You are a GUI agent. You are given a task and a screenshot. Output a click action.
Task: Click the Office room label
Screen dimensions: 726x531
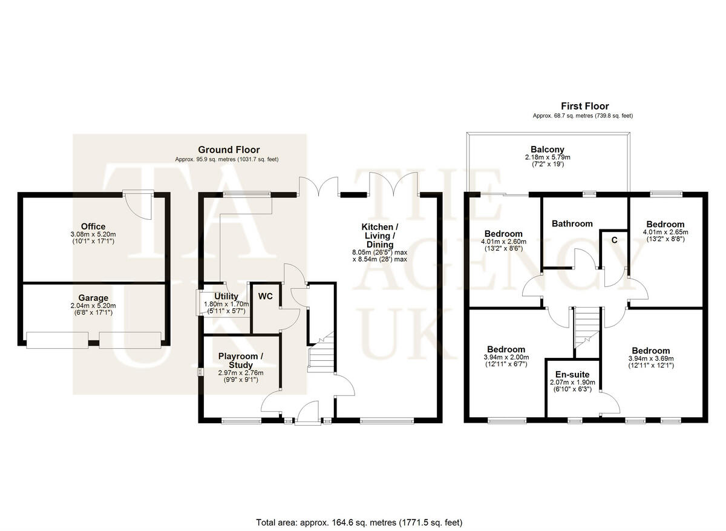[x=93, y=226]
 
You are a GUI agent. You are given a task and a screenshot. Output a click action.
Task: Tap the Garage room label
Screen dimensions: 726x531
[x=93, y=298]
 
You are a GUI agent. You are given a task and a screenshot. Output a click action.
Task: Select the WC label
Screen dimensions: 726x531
[x=266, y=296]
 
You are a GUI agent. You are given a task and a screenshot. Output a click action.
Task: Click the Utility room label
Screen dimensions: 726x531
[x=226, y=296]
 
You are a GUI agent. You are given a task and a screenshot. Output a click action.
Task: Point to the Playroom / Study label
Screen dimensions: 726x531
[x=241, y=360]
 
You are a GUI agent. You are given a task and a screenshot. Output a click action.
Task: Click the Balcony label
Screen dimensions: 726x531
[x=548, y=150]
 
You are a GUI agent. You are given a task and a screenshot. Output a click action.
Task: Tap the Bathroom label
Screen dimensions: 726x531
[x=572, y=223]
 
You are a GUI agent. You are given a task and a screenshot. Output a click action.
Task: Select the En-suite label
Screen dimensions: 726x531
[x=572, y=374]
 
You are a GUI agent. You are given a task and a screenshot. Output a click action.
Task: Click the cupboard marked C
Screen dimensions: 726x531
[x=614, y=240]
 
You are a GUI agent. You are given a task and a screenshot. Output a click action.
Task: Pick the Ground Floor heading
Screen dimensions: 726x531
[x=229, y=150]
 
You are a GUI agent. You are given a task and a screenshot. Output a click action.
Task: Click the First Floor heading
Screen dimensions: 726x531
[x=585, y=106]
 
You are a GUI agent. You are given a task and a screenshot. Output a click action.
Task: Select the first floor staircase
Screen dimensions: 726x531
[x=587, y=328]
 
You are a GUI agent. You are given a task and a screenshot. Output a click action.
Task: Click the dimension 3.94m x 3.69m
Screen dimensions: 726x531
[x=651, y=358]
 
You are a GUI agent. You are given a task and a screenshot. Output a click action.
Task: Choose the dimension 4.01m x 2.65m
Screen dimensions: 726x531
[x=665, y=233]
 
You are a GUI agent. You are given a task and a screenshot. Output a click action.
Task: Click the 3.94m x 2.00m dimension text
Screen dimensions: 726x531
[x=506, y=357]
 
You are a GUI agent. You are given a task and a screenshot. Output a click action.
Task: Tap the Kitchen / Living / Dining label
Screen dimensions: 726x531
[x=380, y=236]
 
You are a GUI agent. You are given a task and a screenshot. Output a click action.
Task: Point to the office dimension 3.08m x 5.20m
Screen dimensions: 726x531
[x=93, y=234]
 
